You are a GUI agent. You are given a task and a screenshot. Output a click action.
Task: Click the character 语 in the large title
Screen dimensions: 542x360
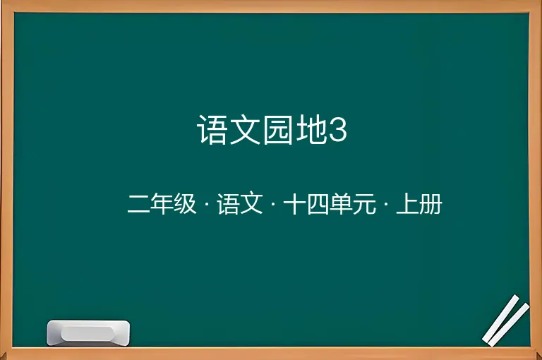pyautogui.click(x=212, y=130)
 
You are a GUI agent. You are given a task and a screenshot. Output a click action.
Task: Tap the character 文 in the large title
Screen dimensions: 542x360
pyautogui.click(x=245, y=130)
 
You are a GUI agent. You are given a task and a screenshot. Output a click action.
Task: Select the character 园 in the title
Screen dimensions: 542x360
pyautogui.click(x=278, y=130)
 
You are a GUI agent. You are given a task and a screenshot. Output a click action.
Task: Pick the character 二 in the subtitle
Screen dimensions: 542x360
pyautogui.click(x=138, y=204)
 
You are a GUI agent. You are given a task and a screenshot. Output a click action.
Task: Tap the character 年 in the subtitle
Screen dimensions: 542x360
pyautogui.click(x=162, y=204)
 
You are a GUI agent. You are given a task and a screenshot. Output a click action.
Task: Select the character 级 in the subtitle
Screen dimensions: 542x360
pyautogui.click(x=185, y=204)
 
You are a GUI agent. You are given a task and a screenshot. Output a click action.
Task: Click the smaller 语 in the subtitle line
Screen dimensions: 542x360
pyautogui.click(x=228, y=204)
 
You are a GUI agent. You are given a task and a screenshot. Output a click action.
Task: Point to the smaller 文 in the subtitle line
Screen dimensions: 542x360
pyautogui.click(x=251, y=204)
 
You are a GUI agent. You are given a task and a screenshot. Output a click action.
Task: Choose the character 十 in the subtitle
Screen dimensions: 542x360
pyautogui.click(x=294, y=204)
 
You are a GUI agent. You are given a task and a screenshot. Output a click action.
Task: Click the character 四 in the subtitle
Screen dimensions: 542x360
pyautogui.click(x=318, y=204)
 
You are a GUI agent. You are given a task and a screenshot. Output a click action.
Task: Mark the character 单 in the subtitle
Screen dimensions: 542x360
pyautogui.click(x=341, y=204)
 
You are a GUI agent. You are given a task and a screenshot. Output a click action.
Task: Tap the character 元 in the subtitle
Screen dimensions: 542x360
pyautogui.click(x=364, y=204)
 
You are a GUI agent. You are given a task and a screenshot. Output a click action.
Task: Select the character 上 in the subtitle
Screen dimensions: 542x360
pyautogui.click(x=407, y=204)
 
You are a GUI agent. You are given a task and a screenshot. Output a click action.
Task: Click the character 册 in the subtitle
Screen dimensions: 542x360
pyautogui.click(x=430, y=204)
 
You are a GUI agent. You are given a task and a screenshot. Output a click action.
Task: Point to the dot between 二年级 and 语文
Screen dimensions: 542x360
pyautogui.click(x=207, y=204)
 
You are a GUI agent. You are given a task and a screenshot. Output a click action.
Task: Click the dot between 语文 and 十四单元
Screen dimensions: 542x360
pyautogui.click(x=273, y=204)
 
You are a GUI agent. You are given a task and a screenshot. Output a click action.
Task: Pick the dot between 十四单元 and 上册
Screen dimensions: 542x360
pyautogui.click(x=386, y=204)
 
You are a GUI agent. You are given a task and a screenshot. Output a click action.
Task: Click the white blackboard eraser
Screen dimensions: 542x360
pyautogui.click(x=88, y=333)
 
